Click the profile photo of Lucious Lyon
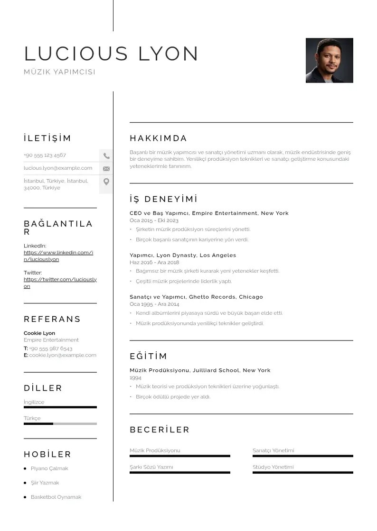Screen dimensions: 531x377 click(x=329, y=60)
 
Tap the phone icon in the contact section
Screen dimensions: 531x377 click(x=106, y=156)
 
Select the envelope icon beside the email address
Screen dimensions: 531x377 click(x=106, y=168)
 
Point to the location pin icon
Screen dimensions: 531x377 click(x=106, y=182)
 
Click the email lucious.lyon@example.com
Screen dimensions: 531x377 click(x=58, y=168)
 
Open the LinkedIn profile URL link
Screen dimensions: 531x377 click(x=58, y=256)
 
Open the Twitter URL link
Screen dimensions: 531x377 click(x=60, y=283)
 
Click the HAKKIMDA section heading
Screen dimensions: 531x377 click(x=159, y=138)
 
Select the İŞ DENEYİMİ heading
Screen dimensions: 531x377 click(x=163, y=199)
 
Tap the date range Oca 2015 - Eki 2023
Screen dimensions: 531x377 click(x=154, y=220)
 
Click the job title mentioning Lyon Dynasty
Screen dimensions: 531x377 click(x=183, y=255)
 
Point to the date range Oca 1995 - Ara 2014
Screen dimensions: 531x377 click(x=154, y=304)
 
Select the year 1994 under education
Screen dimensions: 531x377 click(x=135, y=378)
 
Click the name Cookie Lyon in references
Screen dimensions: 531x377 click(x=39, y=333)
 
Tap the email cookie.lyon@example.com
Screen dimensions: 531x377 click(x=63, y=355)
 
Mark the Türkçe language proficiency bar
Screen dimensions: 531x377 click(x=60, y=423)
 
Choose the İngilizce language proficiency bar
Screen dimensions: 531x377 click(x=60, y=407)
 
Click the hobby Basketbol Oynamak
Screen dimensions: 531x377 click(x=56, y=497)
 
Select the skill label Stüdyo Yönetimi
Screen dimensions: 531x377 click(x=273, y=467)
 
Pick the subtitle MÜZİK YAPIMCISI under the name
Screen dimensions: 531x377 click(x=59, y=72)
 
